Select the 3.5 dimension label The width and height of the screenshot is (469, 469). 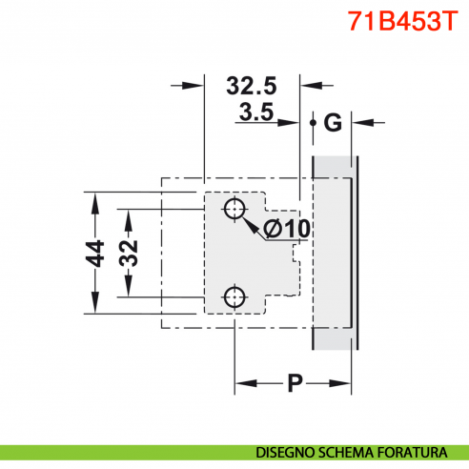256,113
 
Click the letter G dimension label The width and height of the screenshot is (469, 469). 332,122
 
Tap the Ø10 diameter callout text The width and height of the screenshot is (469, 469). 284,229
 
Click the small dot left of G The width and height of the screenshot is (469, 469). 313,122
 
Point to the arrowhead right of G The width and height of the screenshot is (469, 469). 366,122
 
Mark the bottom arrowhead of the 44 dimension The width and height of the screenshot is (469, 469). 93,307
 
